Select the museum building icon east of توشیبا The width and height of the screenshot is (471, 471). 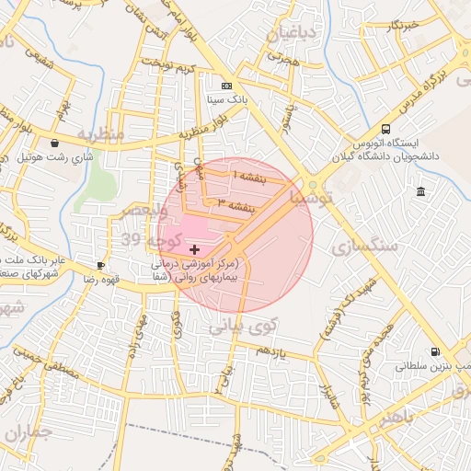420,191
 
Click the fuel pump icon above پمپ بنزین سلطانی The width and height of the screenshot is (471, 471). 434,351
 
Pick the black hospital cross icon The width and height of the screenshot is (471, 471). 194,249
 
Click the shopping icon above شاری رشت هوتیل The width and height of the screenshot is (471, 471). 56,144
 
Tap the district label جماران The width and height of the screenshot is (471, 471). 23,432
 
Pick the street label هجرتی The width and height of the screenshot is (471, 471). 283,58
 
